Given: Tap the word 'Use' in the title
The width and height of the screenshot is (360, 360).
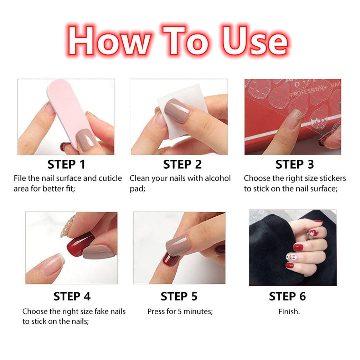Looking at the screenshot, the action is (x=254, y=41).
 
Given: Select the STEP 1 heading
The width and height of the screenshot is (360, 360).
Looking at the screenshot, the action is (x=66, y=164).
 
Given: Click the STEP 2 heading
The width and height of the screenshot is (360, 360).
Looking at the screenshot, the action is (x=182, y=164).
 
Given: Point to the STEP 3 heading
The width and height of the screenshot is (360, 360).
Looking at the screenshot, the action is (x=294, y=164).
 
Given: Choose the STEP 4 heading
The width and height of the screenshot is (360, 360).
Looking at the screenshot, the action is (x=72, y=297).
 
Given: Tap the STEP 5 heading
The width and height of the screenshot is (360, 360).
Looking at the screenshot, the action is (x=179, y=297).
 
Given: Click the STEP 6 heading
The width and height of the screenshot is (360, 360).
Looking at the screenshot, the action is (x=287, y=297).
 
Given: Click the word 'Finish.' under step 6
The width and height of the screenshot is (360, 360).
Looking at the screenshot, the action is (x=289, y=312).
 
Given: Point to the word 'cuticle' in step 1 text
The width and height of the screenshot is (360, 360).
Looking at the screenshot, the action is (x=110, y=178).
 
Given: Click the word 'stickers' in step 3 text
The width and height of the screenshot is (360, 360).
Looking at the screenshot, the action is (x=333, y=178).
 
